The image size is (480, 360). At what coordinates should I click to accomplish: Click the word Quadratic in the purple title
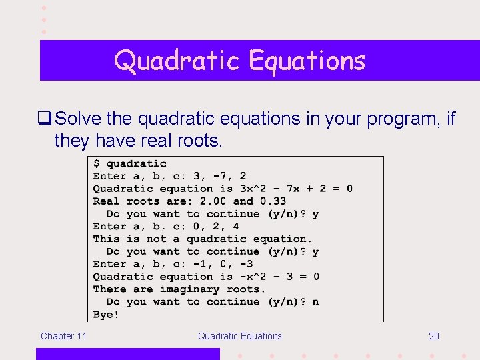[177, 61]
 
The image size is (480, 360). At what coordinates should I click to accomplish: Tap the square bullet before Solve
[46, 119]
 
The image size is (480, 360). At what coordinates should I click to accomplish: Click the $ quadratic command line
[129, 163]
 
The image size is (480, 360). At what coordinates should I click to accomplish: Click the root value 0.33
[273, 201]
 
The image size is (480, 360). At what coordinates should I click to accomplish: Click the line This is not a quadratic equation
[202, 239]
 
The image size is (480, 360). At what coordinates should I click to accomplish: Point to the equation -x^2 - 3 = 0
[279, 277]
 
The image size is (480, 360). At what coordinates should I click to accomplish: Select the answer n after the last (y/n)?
[315, 302]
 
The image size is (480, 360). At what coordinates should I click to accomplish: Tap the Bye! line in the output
[106, 314]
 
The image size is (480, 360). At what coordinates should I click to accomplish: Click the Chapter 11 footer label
[63, 336]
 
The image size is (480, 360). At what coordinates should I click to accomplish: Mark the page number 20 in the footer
[434, 336]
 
